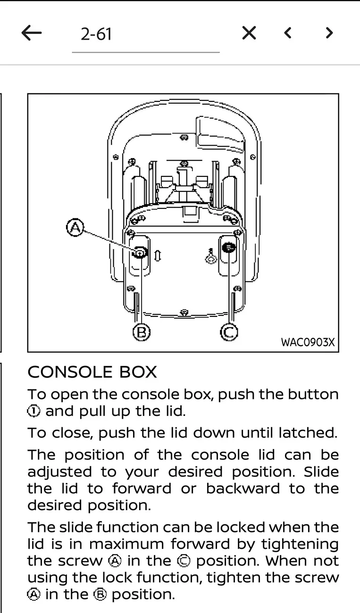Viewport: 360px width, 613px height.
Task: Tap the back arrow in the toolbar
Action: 32,33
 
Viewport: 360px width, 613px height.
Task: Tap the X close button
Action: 249,33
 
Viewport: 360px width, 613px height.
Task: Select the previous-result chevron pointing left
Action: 287,33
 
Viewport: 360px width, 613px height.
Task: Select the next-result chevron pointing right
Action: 329,33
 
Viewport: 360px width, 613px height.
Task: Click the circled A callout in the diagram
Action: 75,227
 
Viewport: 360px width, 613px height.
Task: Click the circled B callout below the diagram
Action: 142,332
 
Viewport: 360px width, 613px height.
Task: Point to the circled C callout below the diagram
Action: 229,332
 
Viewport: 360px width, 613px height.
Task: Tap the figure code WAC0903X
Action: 308,342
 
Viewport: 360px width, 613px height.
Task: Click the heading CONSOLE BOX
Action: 92,372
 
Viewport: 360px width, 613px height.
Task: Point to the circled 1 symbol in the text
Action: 33,411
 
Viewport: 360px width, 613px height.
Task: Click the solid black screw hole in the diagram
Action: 228,248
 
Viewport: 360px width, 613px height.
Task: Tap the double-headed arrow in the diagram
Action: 158,256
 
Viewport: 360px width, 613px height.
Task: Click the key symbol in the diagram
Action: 211,257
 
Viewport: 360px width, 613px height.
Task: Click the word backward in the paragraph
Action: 243,489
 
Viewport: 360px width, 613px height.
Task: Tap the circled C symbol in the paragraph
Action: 184,561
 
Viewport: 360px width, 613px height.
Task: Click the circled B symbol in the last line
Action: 100,595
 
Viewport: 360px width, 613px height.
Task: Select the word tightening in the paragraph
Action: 300,545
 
